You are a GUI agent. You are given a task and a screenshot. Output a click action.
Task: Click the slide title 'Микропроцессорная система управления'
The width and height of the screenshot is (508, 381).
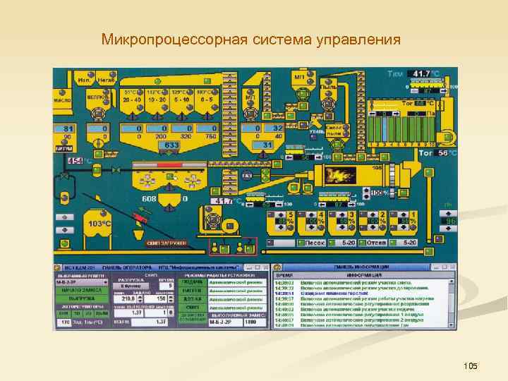click(x=250, y=37)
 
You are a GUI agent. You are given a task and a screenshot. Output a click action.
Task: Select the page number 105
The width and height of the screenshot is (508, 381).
click(x=471, y=365)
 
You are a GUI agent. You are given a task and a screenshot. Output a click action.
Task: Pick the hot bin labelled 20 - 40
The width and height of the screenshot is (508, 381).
click(x=132, y=99)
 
